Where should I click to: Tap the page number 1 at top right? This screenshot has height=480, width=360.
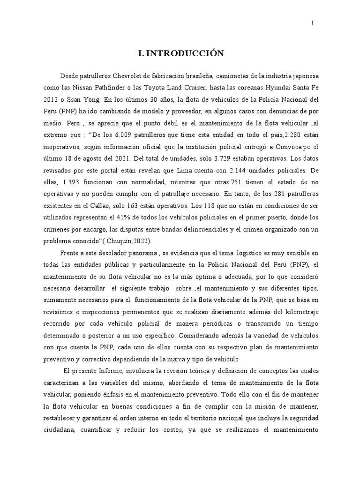pyautogui.click(x=312, y=22)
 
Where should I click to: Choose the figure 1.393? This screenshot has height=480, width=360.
pyautogui.click(x=84, y=180)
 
